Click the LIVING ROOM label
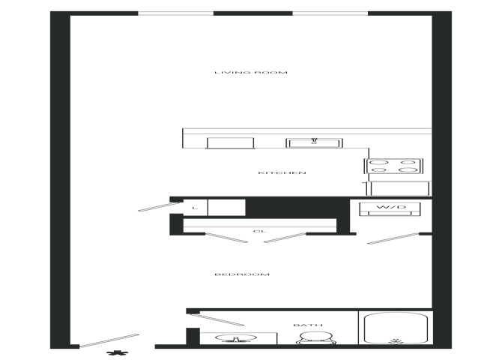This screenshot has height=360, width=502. coord(251,73)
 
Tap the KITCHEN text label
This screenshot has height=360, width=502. coord(282,173)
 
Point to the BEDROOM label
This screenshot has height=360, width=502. coord(242,274)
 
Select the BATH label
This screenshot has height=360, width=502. coord(308,325)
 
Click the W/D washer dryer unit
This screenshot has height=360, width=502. coord(390,208)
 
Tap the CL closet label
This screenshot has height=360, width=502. coord(260,231)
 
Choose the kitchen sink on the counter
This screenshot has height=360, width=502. coord(314,143)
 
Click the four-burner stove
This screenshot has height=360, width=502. coord(393,166)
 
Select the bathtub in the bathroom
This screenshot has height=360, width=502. coord(396,328)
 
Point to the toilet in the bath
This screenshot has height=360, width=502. coord(316,338)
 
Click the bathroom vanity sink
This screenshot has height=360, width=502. coord(236,338)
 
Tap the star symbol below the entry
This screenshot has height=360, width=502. coord(118,353)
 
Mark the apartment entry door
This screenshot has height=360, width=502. coord(109,340)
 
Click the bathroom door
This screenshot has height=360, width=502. coord(216,319)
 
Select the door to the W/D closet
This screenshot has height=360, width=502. coord(393,238)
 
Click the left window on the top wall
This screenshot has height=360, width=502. coord(176,13)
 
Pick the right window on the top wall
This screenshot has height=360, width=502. coord(330,13)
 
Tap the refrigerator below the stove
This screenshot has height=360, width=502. coord(399,188)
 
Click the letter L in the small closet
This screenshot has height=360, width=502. coord(195,208)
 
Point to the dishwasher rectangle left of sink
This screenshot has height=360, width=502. coord(230,143)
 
